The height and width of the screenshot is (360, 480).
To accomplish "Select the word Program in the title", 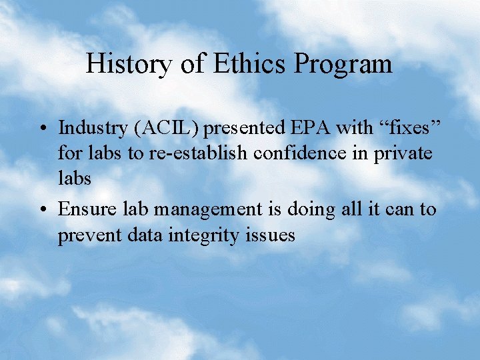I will pos(343,65).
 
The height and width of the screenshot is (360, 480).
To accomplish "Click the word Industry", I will pos(94,127).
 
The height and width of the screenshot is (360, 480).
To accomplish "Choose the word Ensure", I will pos(86,209).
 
